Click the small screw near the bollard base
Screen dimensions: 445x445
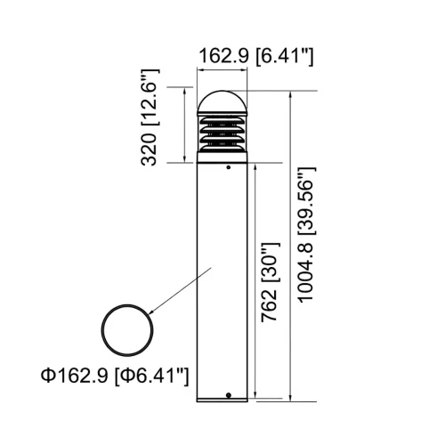tap(229, 394)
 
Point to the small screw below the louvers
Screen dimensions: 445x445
tap(229, 166)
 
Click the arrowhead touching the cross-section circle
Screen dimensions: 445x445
tap(151, 311)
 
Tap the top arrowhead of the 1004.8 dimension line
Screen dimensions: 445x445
tap(289, 93)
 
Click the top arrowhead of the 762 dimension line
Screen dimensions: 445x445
tap(255, 166)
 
